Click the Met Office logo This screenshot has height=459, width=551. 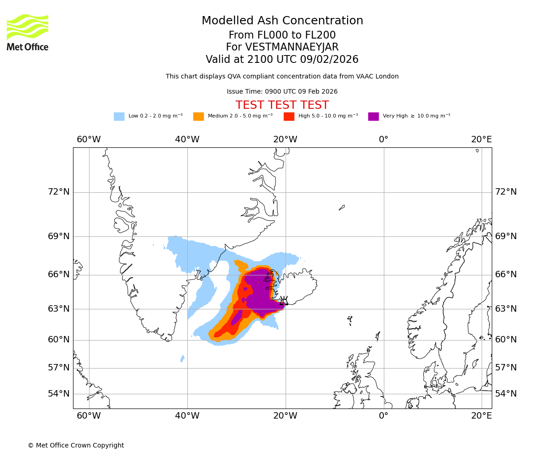pyautogui.click(x=28, y=32)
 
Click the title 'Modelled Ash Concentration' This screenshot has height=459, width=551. pyautogui.click(x=282, y=21)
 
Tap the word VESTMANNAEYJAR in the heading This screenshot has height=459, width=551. pyautogui.click(x=292, y=47)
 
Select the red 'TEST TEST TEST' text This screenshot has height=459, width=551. pyautogui.click(x=282, y=105)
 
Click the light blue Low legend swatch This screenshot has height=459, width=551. pyautogui.click(x=119, y=117)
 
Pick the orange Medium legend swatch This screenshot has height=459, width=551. pyautogui.click(x=198, y=117)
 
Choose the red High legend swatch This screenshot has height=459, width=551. pyautogui.click(x=289, y=117)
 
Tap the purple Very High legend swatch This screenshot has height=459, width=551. pyautogui.click(x=373, y=117)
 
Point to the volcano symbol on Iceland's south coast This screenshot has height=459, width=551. pyautogui.click(x=284, y=301)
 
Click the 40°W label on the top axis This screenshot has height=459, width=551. pyautogui.click(x=187, y=140)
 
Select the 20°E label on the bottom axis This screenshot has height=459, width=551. pyautogui.click(x=481, y=416)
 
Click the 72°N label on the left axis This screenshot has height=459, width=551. pyautogui.click(x=59, y=192)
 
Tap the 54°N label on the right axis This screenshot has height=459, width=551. pyautogui.click(x=506, y=394)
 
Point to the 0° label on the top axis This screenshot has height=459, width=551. pyautogui.click(x=383, y=140)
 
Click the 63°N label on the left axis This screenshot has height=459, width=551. pyautogui.click(x=59, y=308)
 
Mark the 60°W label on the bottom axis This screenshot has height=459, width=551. pyautogui.click(x=89, y=416)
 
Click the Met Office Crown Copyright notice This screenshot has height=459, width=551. pyautogui.click(x=76, y=445)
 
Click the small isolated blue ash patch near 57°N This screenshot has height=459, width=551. pyautogui.click(x=182, y=358)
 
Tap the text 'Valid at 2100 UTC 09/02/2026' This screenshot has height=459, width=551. pyautogui.click(x=282, y=60)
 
